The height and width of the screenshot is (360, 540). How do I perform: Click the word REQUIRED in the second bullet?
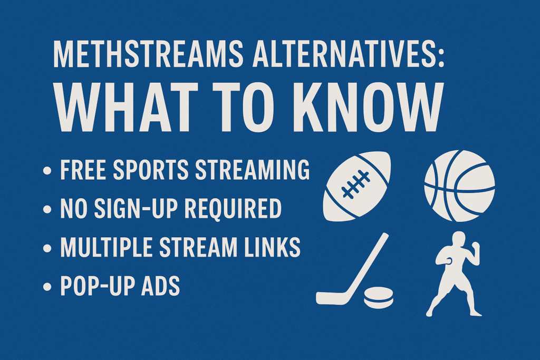point(238,209)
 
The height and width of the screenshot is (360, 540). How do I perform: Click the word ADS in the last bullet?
point(160,286)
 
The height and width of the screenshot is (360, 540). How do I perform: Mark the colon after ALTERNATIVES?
point(440,55)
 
